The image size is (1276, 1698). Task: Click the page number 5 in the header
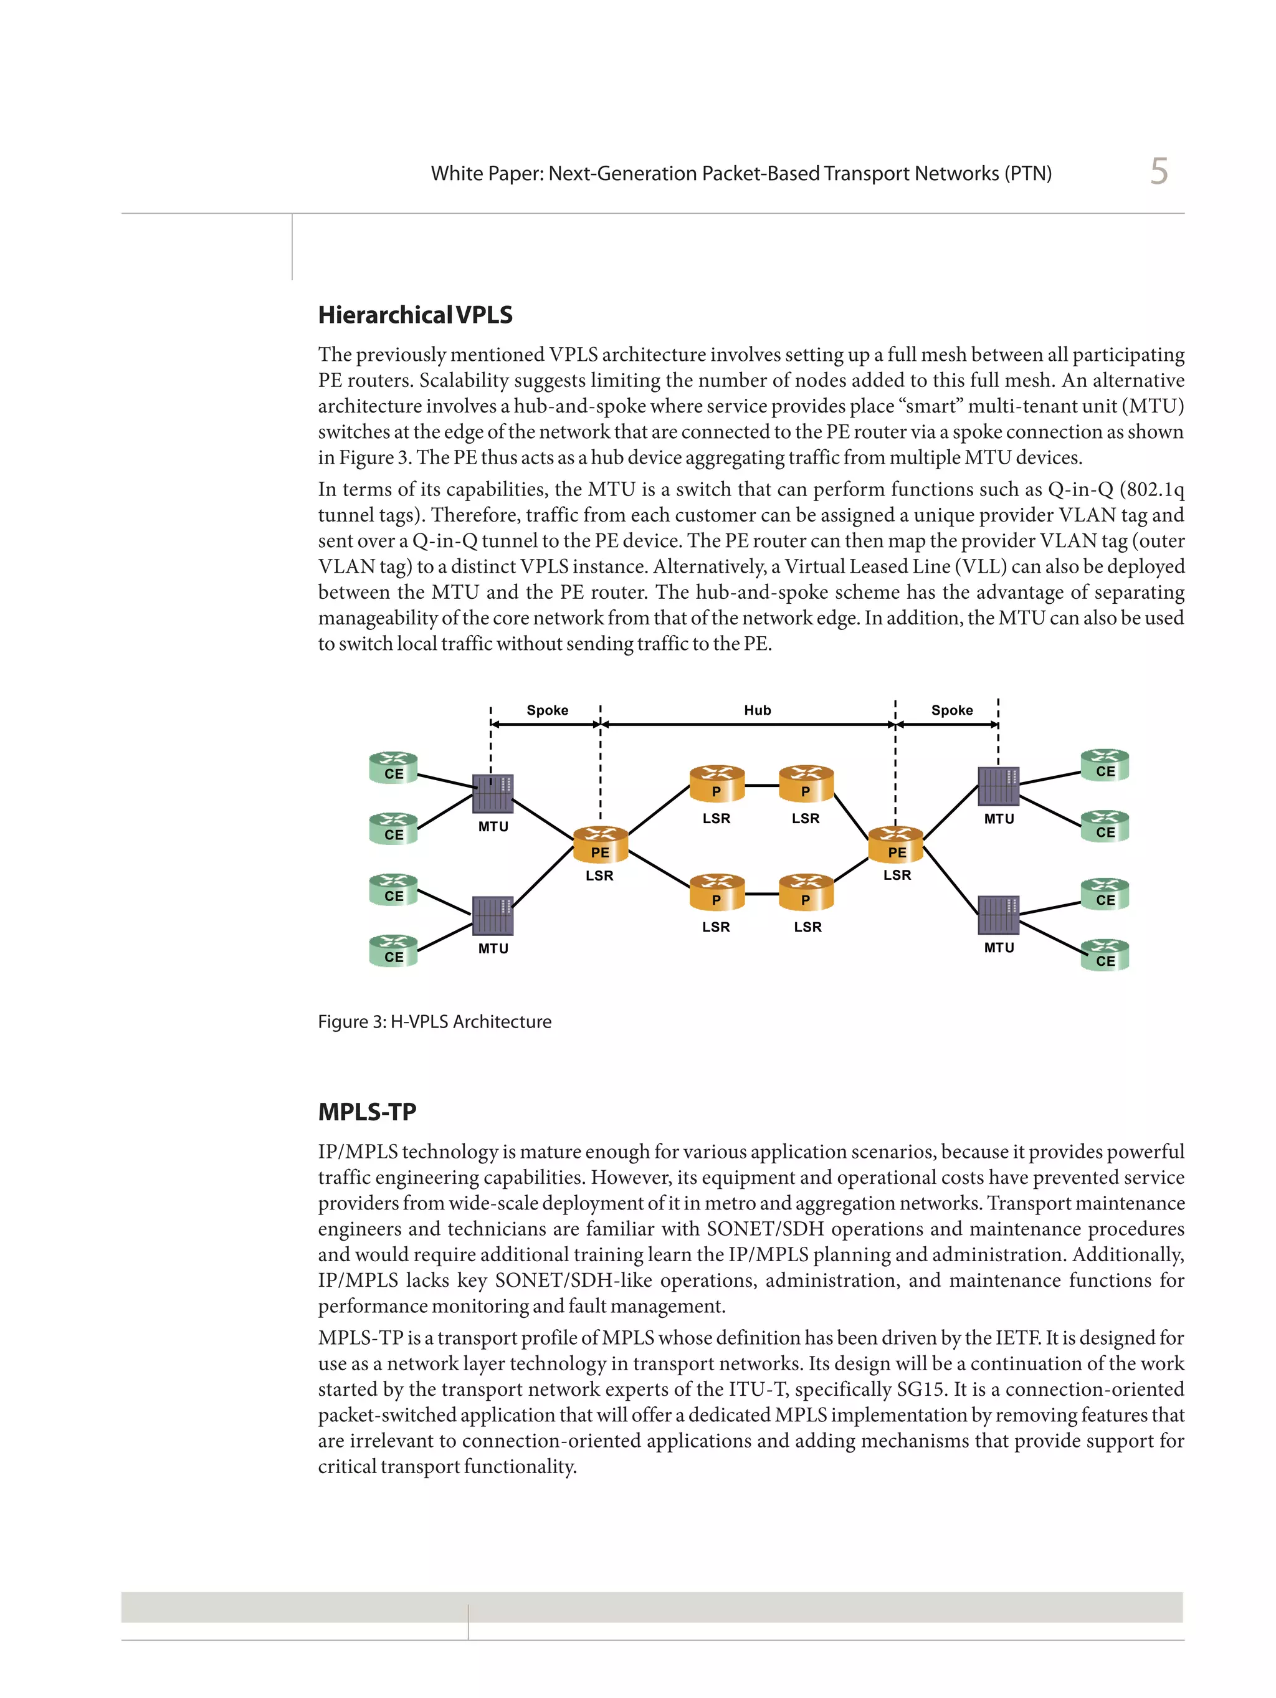[x=1158, y=171]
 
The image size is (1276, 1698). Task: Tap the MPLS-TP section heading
[x=367, y=1112]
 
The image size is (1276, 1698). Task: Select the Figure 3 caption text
[x=434, y=1022]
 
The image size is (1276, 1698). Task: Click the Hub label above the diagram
[x=756, y=710]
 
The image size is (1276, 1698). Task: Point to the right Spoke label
[x=951, y=710]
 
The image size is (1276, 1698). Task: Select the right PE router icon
[x=896, y=844]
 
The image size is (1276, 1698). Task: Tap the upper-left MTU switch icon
[x=492, y=794]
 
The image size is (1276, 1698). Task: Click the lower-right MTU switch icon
[x=998, y=914]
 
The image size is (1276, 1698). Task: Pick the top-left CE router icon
[x=393, y=767]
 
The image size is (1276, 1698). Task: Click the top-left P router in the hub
[x=717, y=784]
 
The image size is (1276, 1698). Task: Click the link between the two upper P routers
[x=761, y=785]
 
